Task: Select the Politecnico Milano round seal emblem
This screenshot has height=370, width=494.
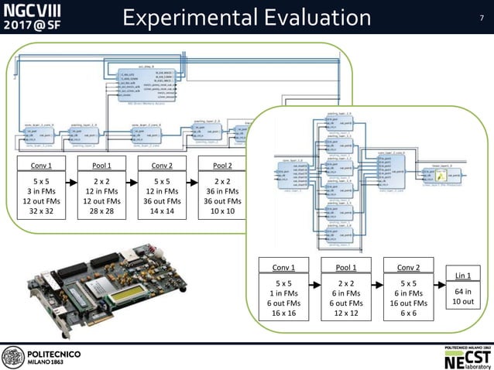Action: tap(13, 357)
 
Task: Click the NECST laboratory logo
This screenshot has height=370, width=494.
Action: tap(465, 358)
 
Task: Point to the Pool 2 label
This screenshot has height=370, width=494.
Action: tap(222, 165)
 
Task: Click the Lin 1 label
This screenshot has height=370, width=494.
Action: tap(463, 275)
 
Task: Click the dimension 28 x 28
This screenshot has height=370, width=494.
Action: tap(103, 211)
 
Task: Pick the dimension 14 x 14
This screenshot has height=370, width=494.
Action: tap(163, 211)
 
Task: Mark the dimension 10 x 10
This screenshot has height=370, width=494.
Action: tap(222, 211)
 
